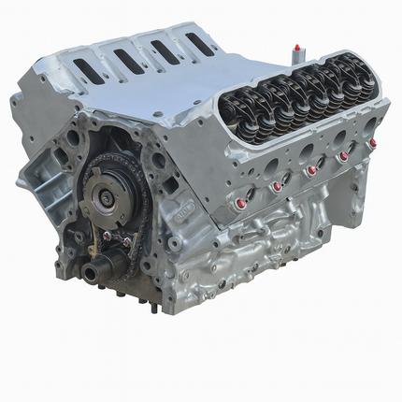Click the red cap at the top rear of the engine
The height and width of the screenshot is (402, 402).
pos(297,46)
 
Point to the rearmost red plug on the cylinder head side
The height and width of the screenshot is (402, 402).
pos(372,143)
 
